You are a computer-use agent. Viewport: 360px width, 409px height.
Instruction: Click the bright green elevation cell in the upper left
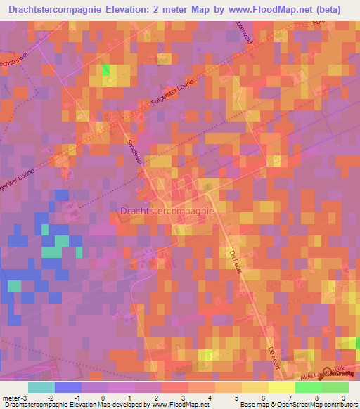click(105, 69)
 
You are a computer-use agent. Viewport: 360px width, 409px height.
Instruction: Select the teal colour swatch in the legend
click(41, 387)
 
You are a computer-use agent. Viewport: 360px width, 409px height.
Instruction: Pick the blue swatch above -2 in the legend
click(68, 387)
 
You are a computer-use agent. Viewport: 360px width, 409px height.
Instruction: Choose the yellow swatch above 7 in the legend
click(282, 387)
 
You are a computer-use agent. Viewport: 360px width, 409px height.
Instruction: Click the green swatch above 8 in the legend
click(309, 387)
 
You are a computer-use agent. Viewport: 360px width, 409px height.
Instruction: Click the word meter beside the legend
click(11, 398)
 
